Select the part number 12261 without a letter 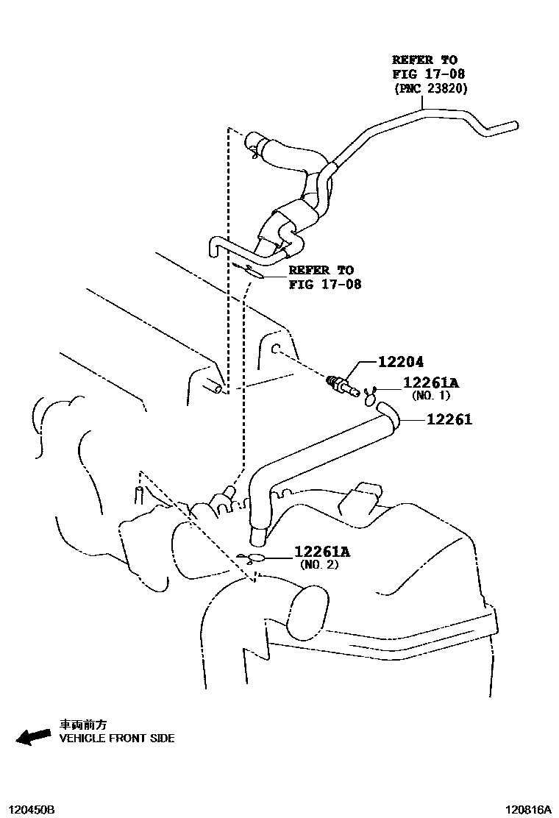tap(447, 420)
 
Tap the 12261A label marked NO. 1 tap(430, 383)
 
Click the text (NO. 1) tap(430, 396)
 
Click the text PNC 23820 tap(430, 88)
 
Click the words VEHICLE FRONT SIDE tap(117, 738)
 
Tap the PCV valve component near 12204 tap(341, 384)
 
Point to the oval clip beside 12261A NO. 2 tap(254, 558)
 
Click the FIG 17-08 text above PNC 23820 tap(428, 74)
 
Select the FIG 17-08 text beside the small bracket tap(325, 284)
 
